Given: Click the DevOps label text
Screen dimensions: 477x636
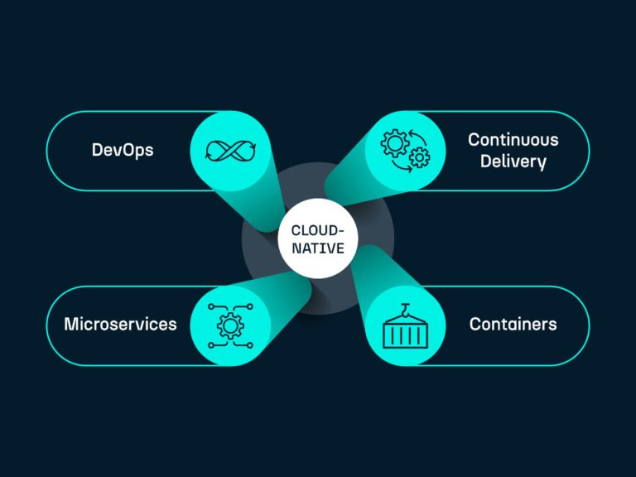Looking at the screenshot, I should click(122, 151).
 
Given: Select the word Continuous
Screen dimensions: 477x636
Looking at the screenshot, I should click(513, 140).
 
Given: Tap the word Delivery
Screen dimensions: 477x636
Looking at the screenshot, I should click(513, 161).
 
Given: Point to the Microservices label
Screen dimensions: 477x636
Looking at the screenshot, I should click(120, 324).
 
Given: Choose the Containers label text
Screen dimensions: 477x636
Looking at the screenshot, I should click(513, 324).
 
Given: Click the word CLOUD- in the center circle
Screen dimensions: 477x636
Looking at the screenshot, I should click(317, 230).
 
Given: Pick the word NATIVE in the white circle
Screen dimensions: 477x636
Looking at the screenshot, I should click(317, 248).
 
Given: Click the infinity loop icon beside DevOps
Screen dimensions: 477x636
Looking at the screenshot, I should click(229, 151).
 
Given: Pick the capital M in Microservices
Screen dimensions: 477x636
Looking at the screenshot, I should click(70, 324).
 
